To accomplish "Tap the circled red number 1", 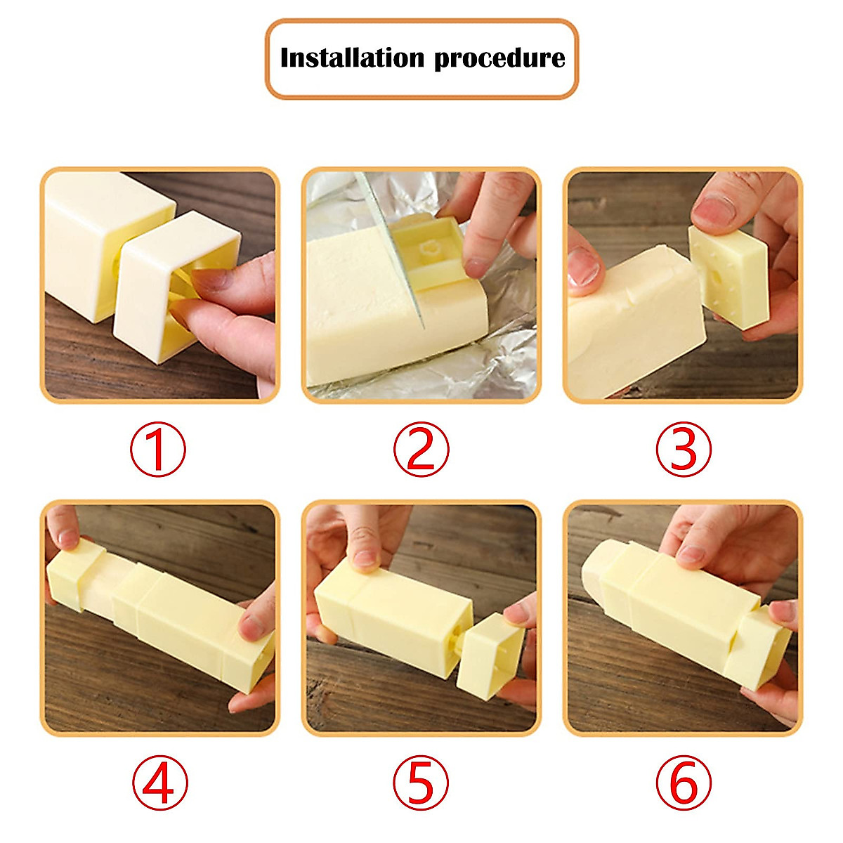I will pos(157,449).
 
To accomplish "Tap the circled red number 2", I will pos(420,449).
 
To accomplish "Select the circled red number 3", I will pos(683,449).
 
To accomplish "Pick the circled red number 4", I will pos(159,783).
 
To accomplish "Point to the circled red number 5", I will pos(420,783).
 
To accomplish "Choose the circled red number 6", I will pos(683,783).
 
